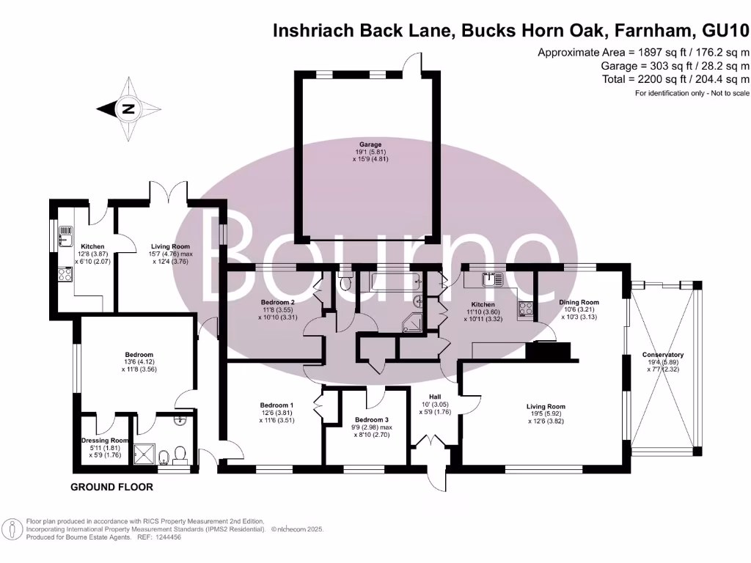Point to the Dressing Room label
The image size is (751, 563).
[x=104, y=441]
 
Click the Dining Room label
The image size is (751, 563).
[x=579, y=302]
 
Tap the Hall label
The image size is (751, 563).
[x=444, y=396]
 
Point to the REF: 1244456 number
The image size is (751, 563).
[x=165, y=537]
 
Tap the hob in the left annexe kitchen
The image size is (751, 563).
[x=64, y=275]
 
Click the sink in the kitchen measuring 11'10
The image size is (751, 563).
[x=490, y=279]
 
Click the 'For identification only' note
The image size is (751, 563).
[x=692, y=94]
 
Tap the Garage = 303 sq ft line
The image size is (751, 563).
[x=674, y=66]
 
